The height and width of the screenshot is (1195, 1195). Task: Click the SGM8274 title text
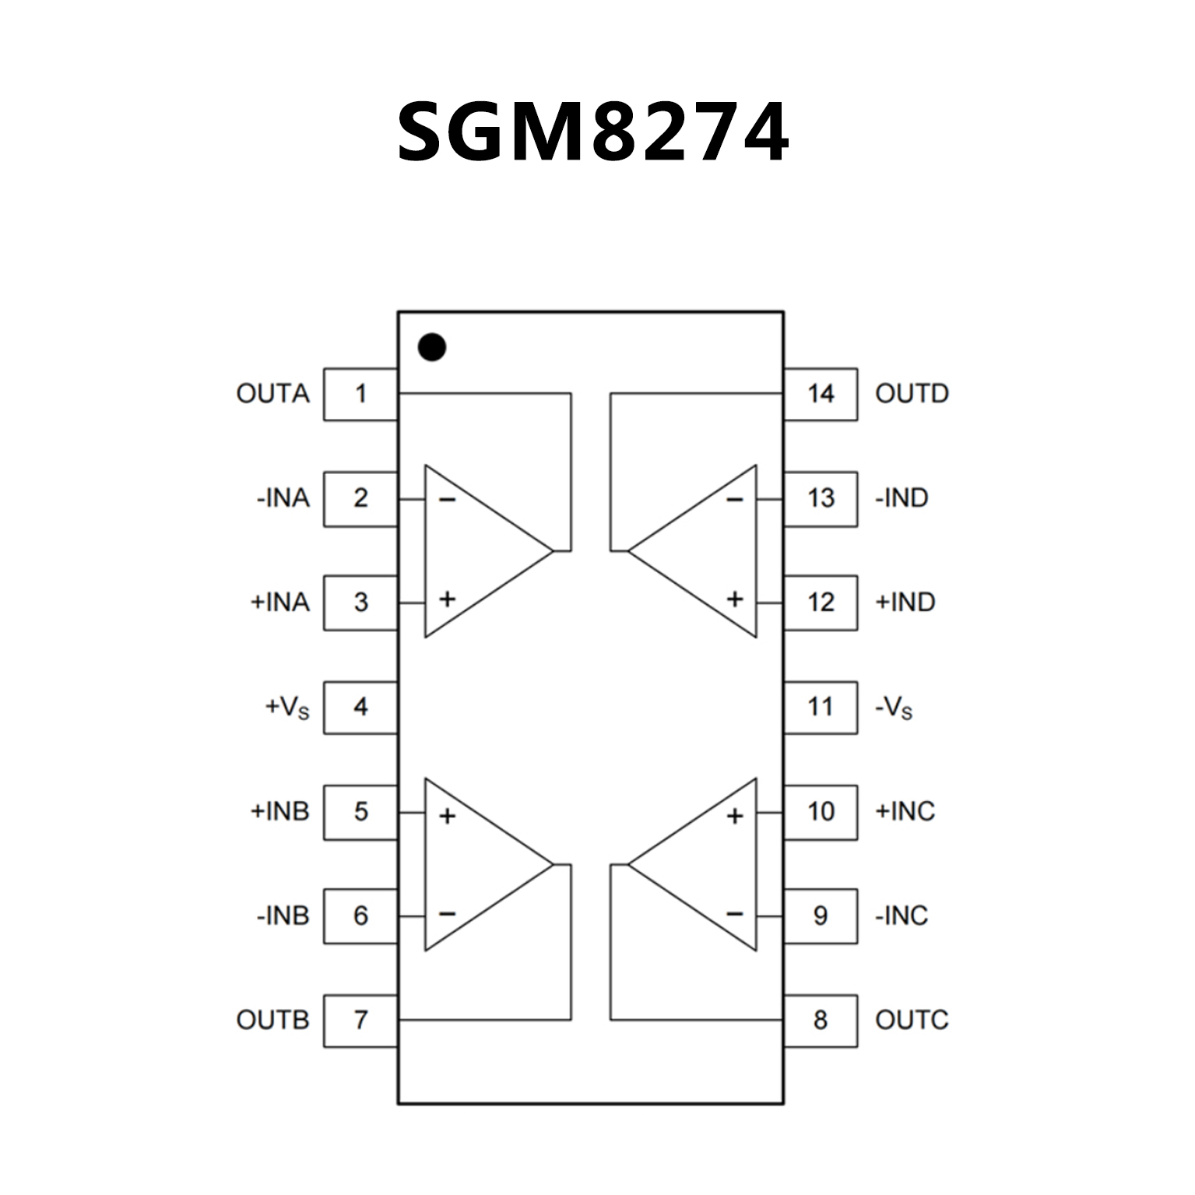pos(593,132)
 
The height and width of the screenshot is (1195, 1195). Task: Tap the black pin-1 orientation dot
pos(432,347)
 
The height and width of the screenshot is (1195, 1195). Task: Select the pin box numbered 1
pos(360,394)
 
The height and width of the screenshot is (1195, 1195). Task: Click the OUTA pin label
pos(272,394)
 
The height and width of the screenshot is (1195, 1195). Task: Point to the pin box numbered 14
pos(821,394)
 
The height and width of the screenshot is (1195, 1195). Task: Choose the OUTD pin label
pos(912,394)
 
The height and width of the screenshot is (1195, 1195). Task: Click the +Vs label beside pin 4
pos(287,707)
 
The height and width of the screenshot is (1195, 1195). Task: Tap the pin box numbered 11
pos(821,707)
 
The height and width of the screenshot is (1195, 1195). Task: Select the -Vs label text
pos(894,708)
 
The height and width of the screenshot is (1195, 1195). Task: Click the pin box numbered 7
pos(360,1020)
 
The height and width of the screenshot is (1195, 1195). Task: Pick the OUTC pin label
pos(912,1020)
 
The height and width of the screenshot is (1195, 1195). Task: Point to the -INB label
pos(283,916)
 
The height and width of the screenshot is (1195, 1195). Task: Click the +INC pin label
pos(905,811)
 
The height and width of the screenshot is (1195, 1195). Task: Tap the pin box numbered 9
pos(821,916)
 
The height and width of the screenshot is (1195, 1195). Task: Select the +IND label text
pos(905,603)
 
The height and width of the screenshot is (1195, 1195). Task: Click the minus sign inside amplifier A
pos(447,499)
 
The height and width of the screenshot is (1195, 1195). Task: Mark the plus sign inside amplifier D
pos(735,599)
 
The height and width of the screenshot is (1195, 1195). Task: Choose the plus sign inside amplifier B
pos(447,816)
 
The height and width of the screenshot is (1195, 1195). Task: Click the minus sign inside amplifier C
pos(735,913)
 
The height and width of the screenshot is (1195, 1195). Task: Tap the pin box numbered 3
pos(360,603)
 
